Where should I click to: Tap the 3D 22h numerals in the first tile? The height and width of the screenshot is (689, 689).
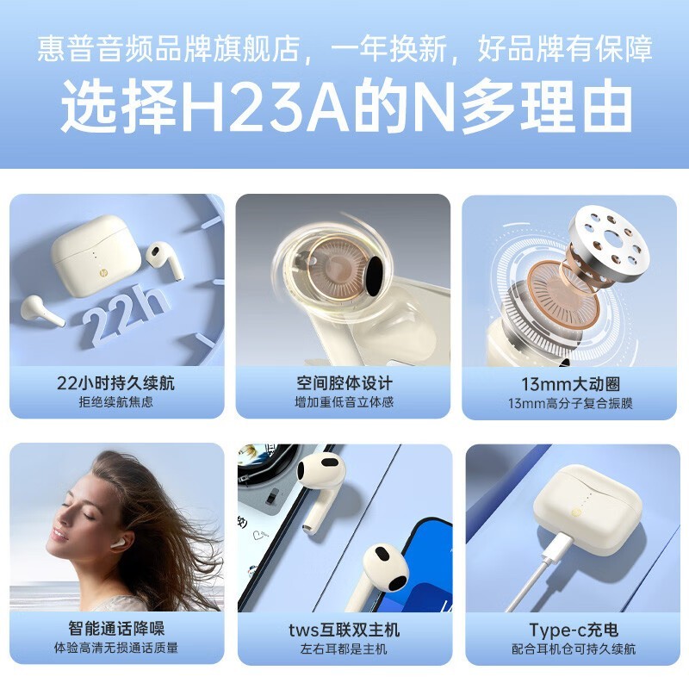click(x=123, y=314)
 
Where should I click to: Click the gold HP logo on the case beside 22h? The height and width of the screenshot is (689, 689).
click(x=104, y=273)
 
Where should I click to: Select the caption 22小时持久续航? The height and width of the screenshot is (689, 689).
click(x=115, y=383)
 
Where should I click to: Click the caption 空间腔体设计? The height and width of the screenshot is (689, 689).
click(x=344, y=383)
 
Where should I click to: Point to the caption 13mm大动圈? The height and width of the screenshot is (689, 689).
click(x=570, y=384)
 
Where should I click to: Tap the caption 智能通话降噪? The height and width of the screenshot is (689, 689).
click(x=116, y=629)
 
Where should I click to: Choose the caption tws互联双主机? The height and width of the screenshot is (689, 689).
click(x=344, y=630)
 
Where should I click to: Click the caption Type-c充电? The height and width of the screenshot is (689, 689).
click(x=574, y=630)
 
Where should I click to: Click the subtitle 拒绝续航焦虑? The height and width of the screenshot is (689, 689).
click(x=116, y=402)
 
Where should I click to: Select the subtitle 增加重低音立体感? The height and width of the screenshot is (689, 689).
click(x=344, y=402)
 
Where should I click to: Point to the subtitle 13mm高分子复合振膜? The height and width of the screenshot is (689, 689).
click(x=570, y=403)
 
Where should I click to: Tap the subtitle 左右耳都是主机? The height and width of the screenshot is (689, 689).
click(x=344, y=649)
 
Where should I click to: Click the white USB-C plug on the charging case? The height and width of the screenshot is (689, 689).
click(x=558, y=547)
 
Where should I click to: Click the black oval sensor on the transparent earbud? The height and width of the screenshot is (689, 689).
click(x=375, y=276)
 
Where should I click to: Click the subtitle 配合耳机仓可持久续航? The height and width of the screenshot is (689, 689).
click(x=574, y=649)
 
